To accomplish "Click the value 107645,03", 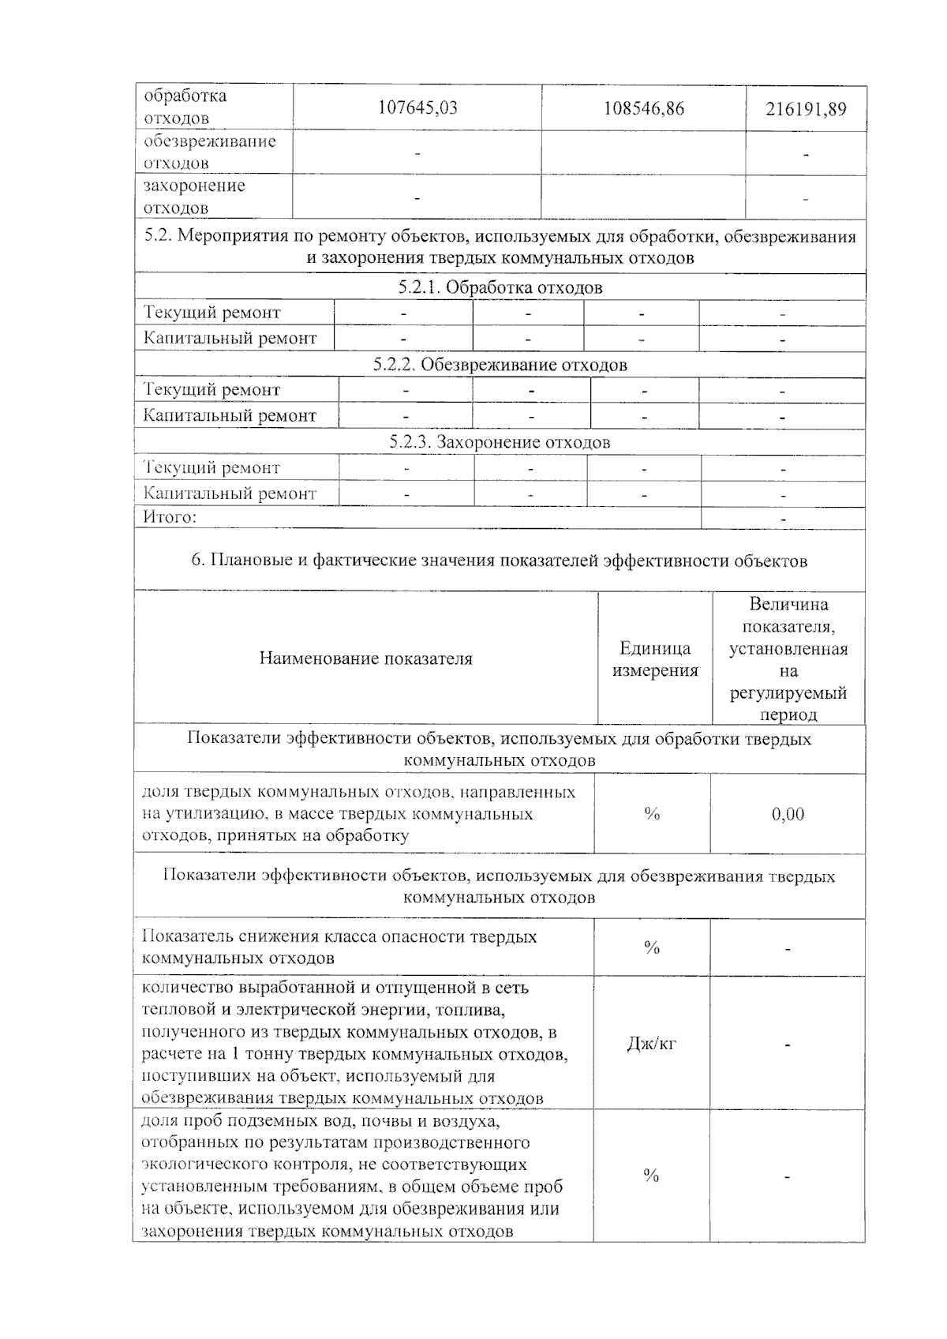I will (x=417, y=108).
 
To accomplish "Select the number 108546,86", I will (x=643, y=108).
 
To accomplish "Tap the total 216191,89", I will (x=806, y=109).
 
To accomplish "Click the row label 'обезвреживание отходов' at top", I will (x=210, y=152).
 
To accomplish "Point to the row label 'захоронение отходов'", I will (x=194, y=197).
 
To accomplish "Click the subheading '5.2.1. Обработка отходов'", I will (x=500, y=287).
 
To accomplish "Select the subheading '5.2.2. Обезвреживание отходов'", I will (x=500, y=365).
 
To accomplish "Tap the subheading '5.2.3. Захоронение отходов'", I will (x=500, y=442).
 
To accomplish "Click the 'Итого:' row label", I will (x=170, y=518).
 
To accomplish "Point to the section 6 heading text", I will (x=500, y=561).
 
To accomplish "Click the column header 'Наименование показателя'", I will (x=366, y=658).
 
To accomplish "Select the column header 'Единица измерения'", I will (x=655, y=659).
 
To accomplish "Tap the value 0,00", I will (x=788, y=814).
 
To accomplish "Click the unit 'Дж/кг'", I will (x=651, y=1044).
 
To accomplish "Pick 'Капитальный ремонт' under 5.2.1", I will (x=230, y=339).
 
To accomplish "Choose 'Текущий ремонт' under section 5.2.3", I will (x=211, y=468).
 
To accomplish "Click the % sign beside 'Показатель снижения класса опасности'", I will (x=652, y=947).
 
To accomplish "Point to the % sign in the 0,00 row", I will (x=652, y=814).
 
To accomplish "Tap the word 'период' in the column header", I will (x=788, y=715).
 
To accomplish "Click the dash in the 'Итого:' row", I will (x=783, y=519).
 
